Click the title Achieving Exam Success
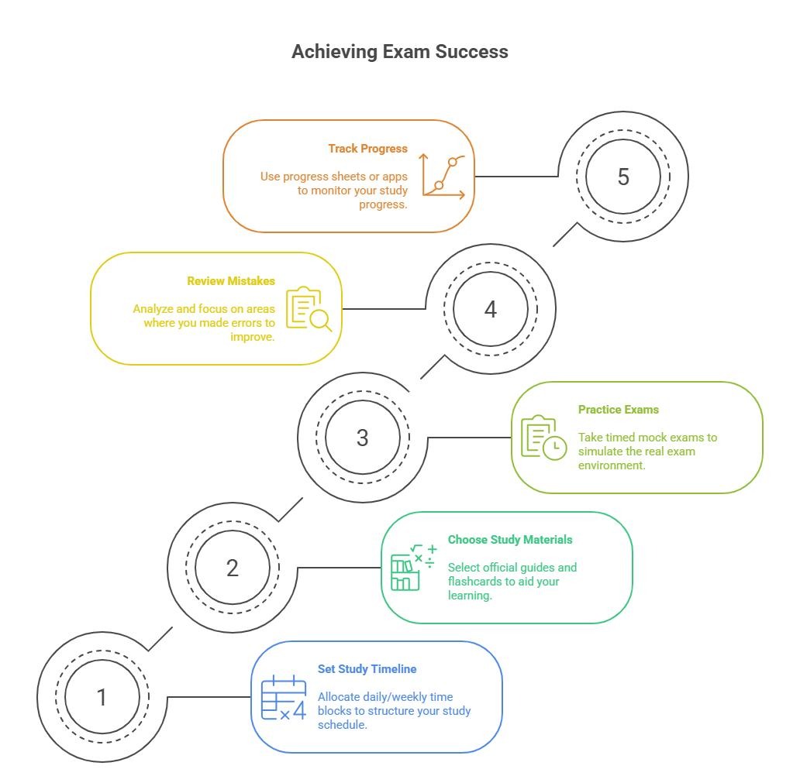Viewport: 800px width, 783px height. tap(399, 52)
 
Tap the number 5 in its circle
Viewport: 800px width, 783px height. tap(623, 177)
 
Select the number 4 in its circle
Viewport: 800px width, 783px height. tap(490, 310)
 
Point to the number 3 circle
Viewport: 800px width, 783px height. tap(362, 438)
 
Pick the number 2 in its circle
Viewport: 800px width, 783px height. tap(232, 568)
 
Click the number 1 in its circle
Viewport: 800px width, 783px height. tap(102, 697)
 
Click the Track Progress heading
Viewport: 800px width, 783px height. tap(368, 149)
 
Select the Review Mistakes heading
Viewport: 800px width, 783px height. tap(230, 281)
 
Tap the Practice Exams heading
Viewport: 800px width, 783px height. tap(619, 410)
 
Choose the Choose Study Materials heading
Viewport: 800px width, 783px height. tap(510, 540)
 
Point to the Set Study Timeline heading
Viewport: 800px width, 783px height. tap(367, 669)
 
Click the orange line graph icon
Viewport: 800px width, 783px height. tap(443, 177)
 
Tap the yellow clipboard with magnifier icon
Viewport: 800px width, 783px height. tap(309, 308)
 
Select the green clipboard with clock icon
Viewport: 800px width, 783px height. tap(543, 438)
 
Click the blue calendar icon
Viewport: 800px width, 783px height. tap(284, 697)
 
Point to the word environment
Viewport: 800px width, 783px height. tap(612, 465)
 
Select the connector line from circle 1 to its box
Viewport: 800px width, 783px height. tap(209, 697)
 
